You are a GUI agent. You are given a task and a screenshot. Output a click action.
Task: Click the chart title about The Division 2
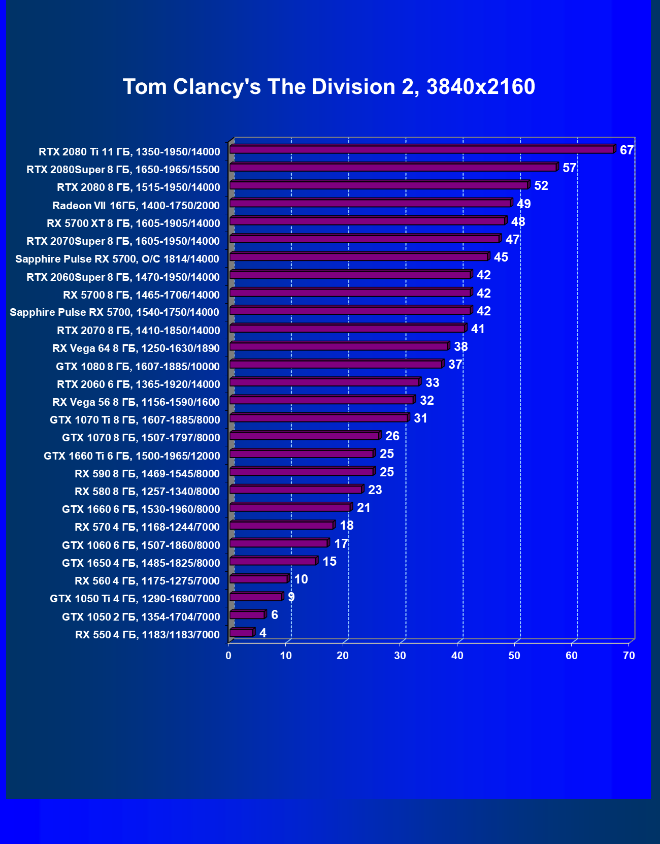pyautogui.click(x=329, y=87)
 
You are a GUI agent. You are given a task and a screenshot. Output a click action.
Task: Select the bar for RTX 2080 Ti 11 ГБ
pyautogui.click(x=421, y=149)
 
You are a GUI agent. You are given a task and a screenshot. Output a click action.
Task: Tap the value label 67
pyautogui.click(x=626, y=150)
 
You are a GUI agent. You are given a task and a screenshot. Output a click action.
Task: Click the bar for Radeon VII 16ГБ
pyautogui.click(x=370, y=203)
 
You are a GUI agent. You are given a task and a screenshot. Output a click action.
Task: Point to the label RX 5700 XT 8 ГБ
pyautogui.click(x=134, y=223)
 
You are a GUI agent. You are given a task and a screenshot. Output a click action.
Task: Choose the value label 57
pyautogui.click(x=569, y=168)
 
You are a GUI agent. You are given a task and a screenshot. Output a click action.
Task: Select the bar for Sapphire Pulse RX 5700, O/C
pyautogui.click(x=358, y=256)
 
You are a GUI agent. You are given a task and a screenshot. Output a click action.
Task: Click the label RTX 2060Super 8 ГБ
pyautogui.click(x=123, y=277)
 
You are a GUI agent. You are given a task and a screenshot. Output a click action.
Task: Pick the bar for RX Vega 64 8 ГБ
pyautogui.click(x=338, y=346)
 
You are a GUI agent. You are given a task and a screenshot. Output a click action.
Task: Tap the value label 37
pyautogui.click(x=455, y=365)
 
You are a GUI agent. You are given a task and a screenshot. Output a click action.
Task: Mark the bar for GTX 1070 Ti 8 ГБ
pyautogui.click(x=318, y=418)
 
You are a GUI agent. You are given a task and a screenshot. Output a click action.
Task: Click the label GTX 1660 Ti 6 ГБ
pyautogui.click(x=132, y=456)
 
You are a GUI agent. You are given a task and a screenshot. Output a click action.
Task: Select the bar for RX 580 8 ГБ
pyautogui.click(x=295, y=490)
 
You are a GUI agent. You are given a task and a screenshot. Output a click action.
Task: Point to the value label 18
pyautogui.click(x=347, y=526)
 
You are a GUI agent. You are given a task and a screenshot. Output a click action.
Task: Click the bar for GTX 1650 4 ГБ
pyautogui.click(x=273, y=561)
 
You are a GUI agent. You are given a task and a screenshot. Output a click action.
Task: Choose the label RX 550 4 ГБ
pyautogui.click(x=147, y=635)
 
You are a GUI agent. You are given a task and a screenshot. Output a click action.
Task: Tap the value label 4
pyautogui.click(x=262, y=633)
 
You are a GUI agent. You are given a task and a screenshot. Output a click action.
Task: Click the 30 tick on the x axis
pyautogui.click(x=400, y=656)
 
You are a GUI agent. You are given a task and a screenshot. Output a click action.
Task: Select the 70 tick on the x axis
pyautogui.click(x=629, y=656)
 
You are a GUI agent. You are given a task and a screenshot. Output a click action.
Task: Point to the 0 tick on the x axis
pyautogui.click(x=228, y=656)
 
